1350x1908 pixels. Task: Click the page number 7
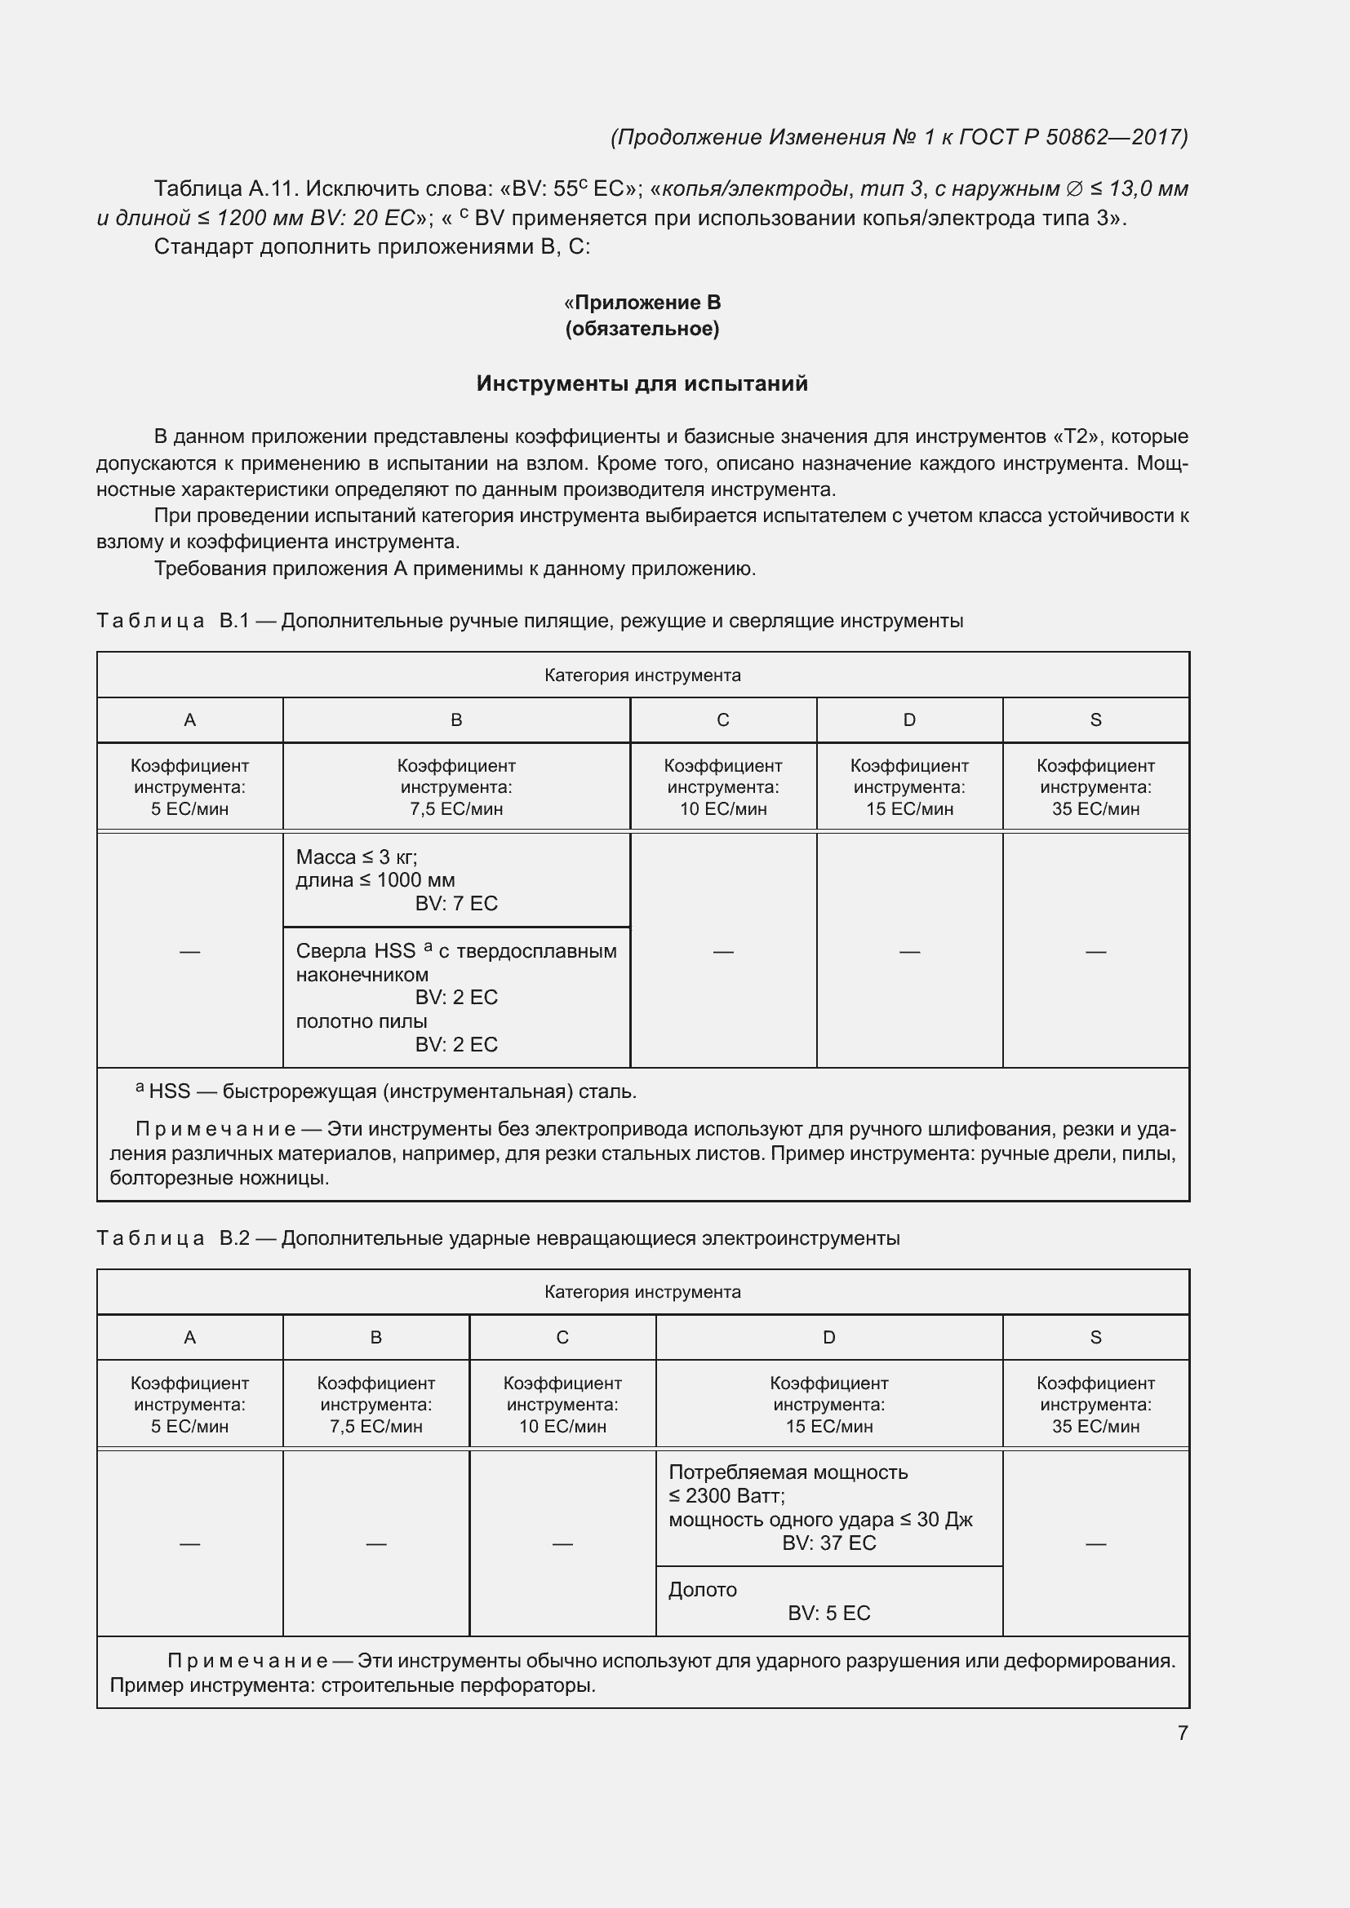tap(1182, 1733)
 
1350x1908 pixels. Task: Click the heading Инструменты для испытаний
tap(642, 383)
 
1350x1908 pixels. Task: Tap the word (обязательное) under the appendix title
tap(642, 329)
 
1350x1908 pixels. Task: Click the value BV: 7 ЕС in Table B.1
tap(455, 903)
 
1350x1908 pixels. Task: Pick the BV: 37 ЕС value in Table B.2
tap(828, 1543)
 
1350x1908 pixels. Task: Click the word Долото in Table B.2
tap(703, 1590)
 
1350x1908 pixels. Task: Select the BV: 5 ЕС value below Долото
tap(828, 1613)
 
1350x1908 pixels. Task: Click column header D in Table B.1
tap(909, 719)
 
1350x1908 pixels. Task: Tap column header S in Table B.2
tap(1095, 1337)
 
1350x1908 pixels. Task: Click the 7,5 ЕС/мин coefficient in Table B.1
tap(455, 808)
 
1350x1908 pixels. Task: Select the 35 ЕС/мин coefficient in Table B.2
tap(1095, 1426)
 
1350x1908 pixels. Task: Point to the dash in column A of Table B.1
tap(189, 950)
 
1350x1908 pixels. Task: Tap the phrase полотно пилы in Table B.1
tap(362, 1021)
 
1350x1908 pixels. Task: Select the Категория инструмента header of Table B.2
tap(642, 1292)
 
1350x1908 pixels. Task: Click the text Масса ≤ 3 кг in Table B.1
tap(356, 857)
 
